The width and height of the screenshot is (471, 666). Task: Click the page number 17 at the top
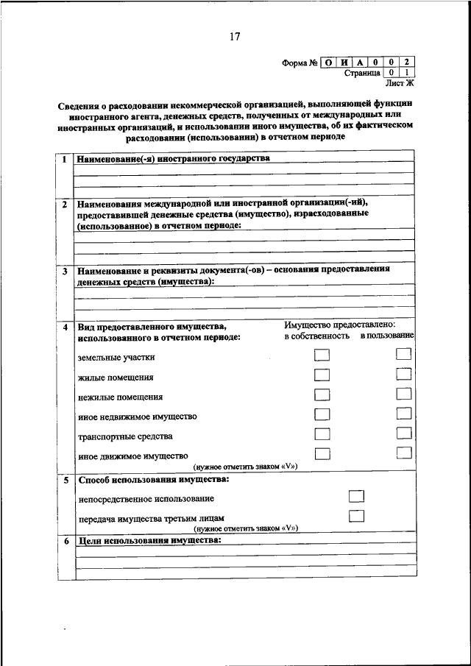[x=235, y=36]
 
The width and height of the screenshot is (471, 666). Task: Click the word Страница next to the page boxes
[x=362, y=73]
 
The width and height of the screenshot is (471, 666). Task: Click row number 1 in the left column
[x=65, y=159]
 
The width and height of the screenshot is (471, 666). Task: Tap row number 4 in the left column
[x=65, y=326]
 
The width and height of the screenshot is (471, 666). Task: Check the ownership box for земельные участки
[x=322, y=355]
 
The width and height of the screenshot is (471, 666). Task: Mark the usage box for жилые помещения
[x=403, y=375]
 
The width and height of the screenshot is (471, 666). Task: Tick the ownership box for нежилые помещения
[x=322, y=395]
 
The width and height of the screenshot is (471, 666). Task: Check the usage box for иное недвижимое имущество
[x=403, y=414]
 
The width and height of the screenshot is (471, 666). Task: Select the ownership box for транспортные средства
[x=322, y=434]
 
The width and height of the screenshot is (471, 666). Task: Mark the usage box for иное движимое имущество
[x=403, y=453]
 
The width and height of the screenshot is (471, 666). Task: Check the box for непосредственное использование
[x=357, y=497]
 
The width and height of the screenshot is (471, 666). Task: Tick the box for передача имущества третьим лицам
[x=357, y=516]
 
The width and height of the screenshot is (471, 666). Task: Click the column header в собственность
[x=316, y=336]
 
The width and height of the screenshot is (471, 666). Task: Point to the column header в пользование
[x=387, y=336]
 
